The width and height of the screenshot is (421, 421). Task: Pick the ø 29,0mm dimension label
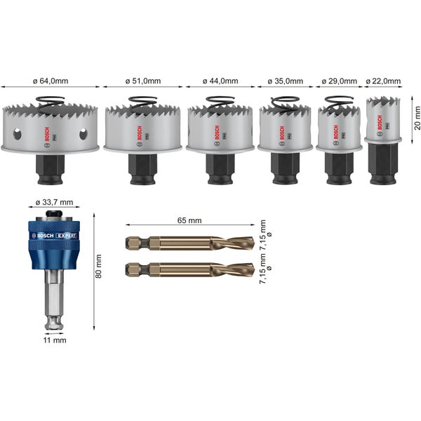(340, 81)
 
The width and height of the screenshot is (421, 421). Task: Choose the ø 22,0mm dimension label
(383, 81)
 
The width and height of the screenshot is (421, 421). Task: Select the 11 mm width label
(53, 340)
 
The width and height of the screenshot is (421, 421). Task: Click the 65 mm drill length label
(191, 220)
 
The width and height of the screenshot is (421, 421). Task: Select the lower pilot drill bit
(189, 268)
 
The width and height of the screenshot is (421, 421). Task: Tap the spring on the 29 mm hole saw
(339, 102)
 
